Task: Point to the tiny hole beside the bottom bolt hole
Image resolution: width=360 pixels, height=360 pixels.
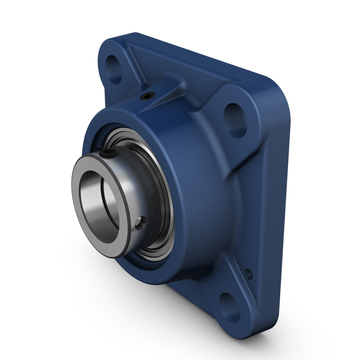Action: (247, 272)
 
